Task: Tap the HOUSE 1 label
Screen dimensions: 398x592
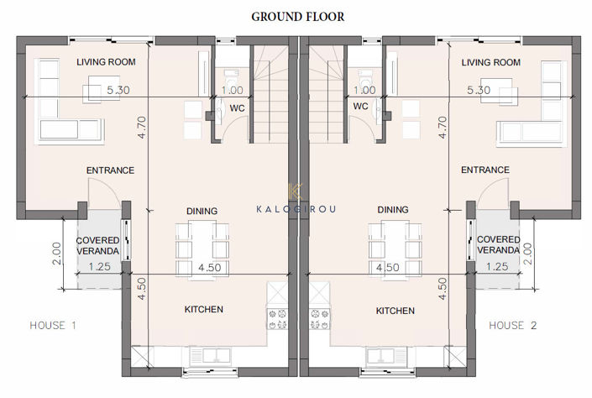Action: coord(53,325)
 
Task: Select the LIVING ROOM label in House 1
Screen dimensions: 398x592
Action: coord(106,62)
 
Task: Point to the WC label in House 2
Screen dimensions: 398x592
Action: coord(361,107)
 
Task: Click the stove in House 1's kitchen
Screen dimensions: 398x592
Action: coord(277,317)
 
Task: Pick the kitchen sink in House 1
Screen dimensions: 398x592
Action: coord(204,353)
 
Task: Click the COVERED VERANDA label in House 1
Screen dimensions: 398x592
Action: coord(99,245)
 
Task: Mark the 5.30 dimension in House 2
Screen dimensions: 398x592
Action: coord(478,90)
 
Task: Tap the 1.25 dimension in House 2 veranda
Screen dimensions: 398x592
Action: coord(497,266)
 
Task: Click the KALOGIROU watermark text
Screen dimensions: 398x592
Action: coord(296,208)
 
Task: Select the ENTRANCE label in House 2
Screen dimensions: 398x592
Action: coord(485,170)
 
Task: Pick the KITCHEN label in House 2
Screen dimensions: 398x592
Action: coord(395,311)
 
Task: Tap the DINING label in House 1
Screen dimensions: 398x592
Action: coord(202,211)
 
